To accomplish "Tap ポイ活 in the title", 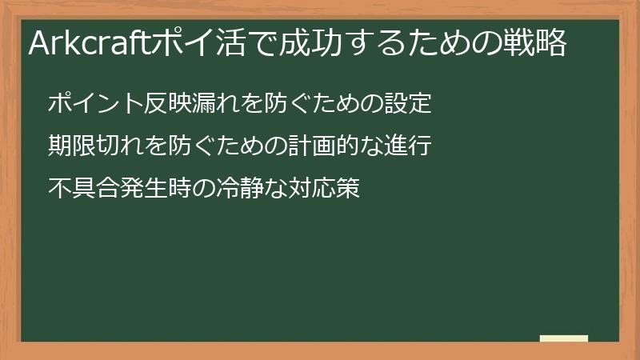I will (191, 44).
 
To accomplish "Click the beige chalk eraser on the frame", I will (563, 338).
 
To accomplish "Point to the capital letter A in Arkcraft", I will (38, 44).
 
